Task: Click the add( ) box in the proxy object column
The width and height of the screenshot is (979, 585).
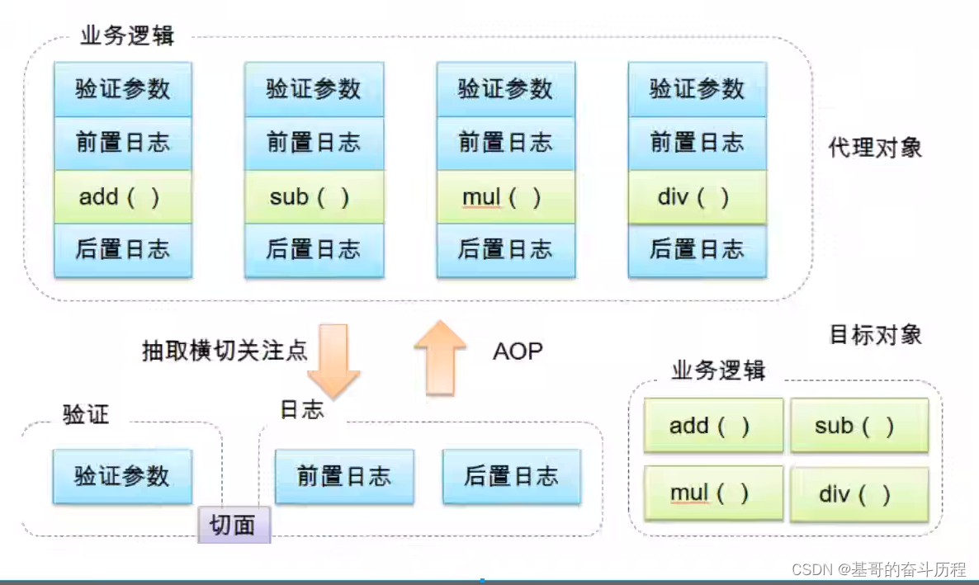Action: (123, 197)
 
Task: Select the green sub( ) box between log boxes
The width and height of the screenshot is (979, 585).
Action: (315, 197)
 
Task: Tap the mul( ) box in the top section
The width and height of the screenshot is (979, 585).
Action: (505, 197)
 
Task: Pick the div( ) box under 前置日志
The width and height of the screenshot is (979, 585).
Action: (698, 197)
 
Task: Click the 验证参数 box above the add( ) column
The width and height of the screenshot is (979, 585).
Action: (123, 88)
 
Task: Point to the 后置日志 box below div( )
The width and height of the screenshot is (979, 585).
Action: (698, 249)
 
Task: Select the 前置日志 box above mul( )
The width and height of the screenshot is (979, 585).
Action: (505, 143)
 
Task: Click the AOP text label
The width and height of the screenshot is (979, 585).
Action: (518, 351)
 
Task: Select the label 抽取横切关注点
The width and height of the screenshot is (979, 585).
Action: (225, 351)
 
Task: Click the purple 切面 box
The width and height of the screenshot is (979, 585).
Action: (234, 525)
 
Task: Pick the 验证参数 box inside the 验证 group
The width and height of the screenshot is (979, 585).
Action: (122, 476)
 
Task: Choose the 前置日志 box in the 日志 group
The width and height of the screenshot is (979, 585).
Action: (344, 476)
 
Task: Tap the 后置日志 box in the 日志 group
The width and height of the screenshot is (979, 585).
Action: (512, 476)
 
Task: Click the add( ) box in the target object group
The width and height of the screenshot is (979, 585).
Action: (713, 426)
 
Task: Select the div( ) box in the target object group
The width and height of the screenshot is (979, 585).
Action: (858, 494)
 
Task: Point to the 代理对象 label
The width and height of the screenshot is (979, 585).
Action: (875, 148)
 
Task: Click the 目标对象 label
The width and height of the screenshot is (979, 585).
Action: (875, 334)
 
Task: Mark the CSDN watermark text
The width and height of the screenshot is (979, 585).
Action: (878, 568)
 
